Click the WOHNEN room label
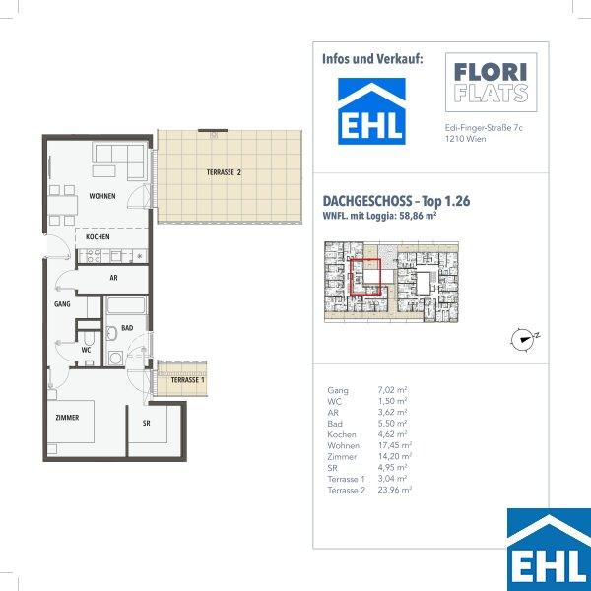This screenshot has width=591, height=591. tap(102, 196)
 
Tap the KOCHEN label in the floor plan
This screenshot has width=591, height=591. tap(98, 237)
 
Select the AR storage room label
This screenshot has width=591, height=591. tap(113, 278)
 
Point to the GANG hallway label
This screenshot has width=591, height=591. tap(62, 303)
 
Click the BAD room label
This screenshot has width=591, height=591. tap(127, 328)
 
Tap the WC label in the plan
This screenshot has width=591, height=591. tap(86, 350)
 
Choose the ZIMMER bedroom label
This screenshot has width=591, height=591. tap(67, 418)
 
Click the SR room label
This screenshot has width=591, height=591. tap(146, 423)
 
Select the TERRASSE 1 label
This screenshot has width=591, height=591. tap(187, 380)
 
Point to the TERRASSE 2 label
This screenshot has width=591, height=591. tap(224, 172)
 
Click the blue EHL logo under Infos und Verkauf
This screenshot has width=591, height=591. tap(371, 111)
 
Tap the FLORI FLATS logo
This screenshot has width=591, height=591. tap(492, 83)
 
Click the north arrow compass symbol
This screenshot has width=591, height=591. tap(524, 340)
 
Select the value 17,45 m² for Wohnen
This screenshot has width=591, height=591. tap(395, 445)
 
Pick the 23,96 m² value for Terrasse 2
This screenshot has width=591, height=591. tap(395, 490)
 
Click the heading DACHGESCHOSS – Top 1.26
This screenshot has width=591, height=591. tap(396, 201)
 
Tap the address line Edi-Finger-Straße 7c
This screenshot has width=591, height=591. tap(484, 128)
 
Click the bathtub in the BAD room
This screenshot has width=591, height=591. tap(126, 305)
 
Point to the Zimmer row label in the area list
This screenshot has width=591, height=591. tap(342, 457)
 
